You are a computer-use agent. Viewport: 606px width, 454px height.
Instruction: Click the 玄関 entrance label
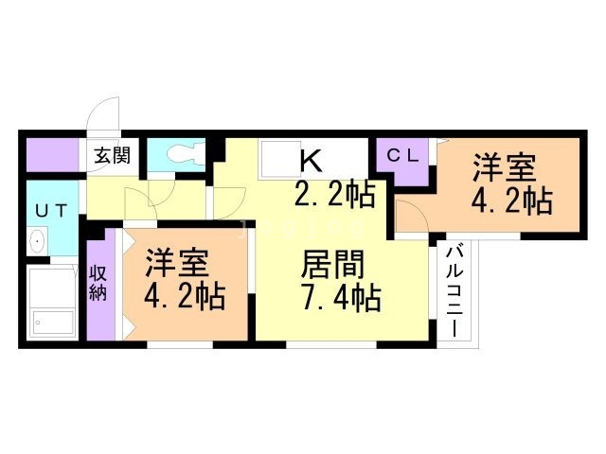113,155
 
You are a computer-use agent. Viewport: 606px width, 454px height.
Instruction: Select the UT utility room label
51,211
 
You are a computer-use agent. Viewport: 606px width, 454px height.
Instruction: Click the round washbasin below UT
37,241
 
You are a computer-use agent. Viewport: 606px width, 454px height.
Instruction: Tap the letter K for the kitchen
312,161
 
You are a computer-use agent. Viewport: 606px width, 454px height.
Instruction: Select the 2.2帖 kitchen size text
334,194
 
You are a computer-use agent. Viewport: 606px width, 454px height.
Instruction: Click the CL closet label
403,156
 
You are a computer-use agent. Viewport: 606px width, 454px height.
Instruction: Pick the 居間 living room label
332,265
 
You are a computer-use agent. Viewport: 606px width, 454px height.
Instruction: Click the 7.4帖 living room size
343,298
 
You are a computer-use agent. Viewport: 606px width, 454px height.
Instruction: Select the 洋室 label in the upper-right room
505,167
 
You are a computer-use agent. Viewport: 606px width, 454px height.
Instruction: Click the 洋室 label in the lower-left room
177,263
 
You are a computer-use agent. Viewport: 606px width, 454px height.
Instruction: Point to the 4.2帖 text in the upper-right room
511,201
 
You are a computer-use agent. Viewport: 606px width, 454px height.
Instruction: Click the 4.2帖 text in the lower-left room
185,296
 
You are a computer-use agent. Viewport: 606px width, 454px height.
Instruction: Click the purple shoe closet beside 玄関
53,155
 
